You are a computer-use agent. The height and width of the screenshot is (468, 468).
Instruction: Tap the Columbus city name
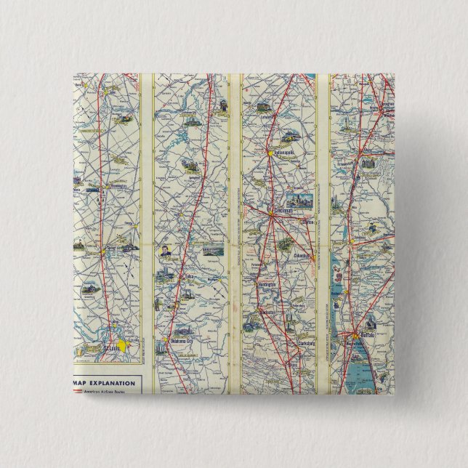[x=300, y=257]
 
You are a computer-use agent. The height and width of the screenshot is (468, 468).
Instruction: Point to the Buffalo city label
[x=362, y=335]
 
